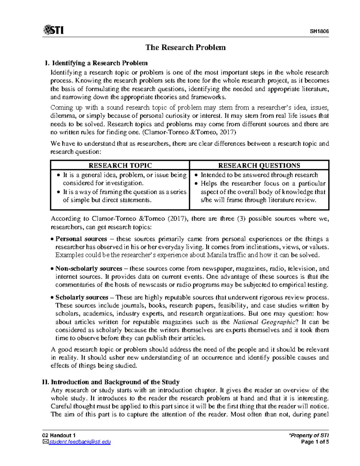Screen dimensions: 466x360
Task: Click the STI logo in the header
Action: (x=53, y=30)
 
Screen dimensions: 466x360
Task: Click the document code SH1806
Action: (x=319, y=31)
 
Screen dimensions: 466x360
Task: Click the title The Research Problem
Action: (x=185, y=47)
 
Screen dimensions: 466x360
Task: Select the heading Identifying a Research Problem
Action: (x=100, y=63)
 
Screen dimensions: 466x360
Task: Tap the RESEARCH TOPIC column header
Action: (x=120, y=165)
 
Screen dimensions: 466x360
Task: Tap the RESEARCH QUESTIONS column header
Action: (x=259, y=165)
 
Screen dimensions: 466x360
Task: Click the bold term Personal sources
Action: (x=81, y=239)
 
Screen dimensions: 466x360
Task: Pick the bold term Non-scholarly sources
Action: (x=89, y=269)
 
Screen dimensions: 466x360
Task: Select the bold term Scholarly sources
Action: (x=82, y=297)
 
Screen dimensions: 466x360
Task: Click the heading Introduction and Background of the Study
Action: (x=115, y=382)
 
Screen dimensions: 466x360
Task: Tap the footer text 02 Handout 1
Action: (x=59, y=435)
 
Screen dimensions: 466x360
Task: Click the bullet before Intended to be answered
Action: (x=196, y=175)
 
